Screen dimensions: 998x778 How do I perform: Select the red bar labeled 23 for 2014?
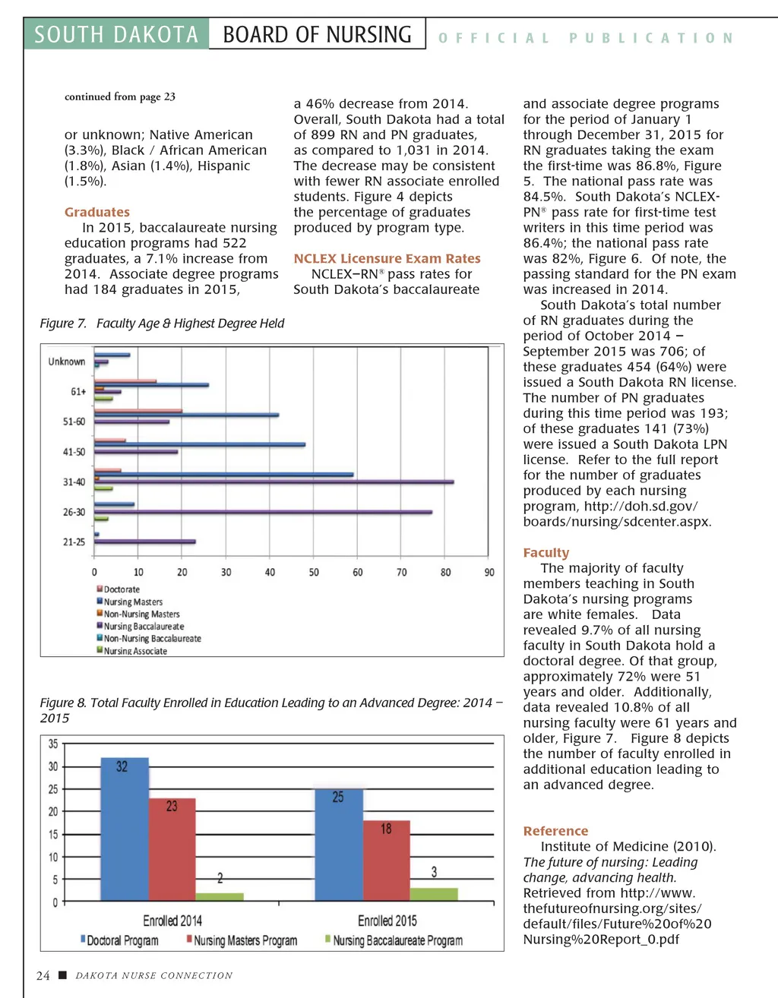[x=172, y=850]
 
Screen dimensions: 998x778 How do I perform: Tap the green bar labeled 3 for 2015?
[x=434, y=894]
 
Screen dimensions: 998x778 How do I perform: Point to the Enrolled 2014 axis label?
[x=172, y=921]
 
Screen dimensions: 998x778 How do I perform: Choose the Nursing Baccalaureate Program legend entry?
[x=397, y=940]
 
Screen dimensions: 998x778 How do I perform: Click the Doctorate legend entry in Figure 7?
[x=122, y=589]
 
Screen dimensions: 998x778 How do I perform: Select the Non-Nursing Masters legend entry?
[x=141, y=614]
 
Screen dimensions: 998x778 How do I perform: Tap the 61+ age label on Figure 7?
[x=78, y=392]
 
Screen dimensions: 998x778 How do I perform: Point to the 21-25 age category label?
[x=74, y=542]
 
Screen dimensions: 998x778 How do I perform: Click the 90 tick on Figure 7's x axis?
[x=489, y=572]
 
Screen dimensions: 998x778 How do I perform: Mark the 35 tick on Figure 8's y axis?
[x=53, y=744]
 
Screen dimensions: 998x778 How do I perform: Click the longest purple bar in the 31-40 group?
[x=274, y=482]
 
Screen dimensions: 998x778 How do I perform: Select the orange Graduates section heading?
[x=97, y=212]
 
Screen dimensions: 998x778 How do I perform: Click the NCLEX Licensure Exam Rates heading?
[x=387, y=258]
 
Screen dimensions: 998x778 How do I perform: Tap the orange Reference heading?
[x=555, y=831]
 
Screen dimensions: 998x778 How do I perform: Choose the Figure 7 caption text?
[x=162, y=324]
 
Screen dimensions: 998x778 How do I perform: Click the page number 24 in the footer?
[x=43, y=976]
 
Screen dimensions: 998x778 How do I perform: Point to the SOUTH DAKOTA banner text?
[x=116, y=35]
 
